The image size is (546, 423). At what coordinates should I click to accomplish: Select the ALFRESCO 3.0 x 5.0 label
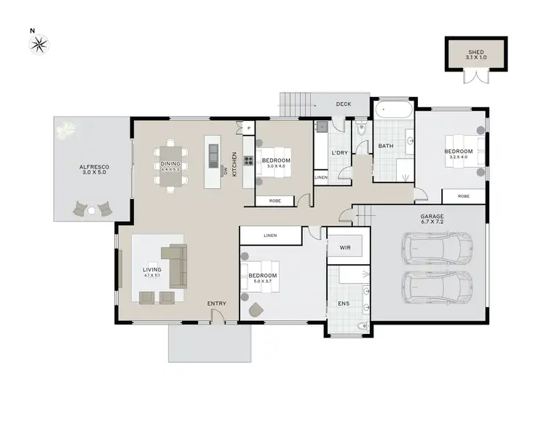point(93,170)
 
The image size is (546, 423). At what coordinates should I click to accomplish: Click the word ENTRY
point(216,303)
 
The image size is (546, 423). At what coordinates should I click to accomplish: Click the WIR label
point(346,248)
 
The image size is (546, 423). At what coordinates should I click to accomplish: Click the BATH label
point(385,147)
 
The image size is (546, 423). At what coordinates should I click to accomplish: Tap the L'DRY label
point(339,152)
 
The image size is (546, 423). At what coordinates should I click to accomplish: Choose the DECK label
point(343,104)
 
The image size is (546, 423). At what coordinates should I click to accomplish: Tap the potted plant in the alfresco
point(67,130)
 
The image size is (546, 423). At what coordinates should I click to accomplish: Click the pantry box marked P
point(248,128)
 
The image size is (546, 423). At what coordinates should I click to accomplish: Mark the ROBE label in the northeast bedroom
point(463,196)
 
